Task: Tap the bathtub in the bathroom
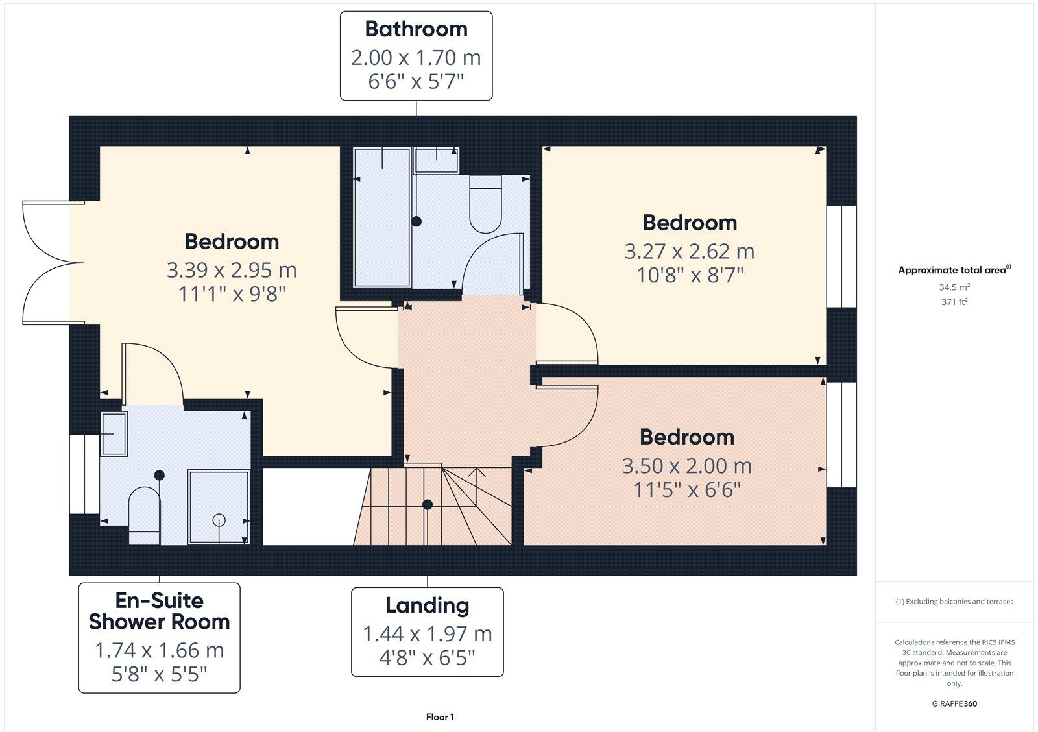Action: tap(382, 217)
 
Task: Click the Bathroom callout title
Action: tap(416, 29)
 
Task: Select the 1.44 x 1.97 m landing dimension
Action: tap(427, 633)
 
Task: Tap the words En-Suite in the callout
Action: tap(159, 600)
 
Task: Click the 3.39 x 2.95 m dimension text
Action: tap(232, 269)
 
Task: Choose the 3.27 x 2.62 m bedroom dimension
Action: tap(689, 251)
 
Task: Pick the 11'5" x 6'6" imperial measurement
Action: tap(686, 490)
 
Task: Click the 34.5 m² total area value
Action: tap(954, 287)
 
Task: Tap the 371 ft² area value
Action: tap(954, 302)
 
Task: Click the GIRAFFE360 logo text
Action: tap(954, 703)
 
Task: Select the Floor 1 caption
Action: tap(440, 717)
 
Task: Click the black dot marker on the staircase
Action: tap(428, 504)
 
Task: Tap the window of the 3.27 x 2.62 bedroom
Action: tap(841, 256)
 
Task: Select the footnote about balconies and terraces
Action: tap(954, 602)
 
